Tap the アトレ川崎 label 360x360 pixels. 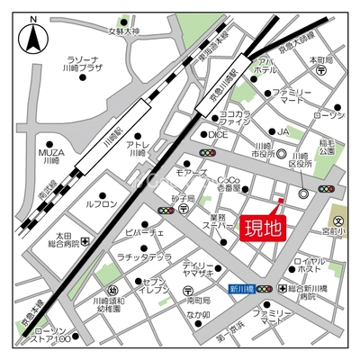[137, 148]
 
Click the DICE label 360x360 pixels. [218, 134]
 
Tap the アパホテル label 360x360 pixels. [265, 64]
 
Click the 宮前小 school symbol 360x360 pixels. [340, 220]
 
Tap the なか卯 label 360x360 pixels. [198, 315]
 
